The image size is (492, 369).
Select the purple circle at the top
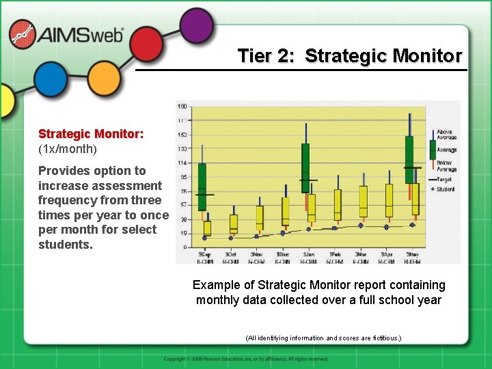click(197, 25)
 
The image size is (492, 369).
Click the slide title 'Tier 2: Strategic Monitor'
click(349, 55)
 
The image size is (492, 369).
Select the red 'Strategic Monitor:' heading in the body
click(91, 134)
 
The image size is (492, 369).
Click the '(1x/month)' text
click(68, 148)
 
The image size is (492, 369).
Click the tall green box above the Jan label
click(305, 167)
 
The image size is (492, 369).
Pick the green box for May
click(409, 159)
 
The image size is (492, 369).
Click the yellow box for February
click(338, 204)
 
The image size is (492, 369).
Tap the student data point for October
click(230, 238)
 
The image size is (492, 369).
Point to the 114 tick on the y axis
click(182, 163)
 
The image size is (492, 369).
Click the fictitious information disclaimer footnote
click(323, 338)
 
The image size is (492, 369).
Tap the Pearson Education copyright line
click(246, 359)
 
